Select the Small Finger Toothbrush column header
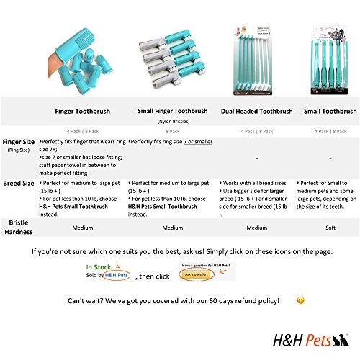(x=172, y=112)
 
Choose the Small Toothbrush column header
(x=329, y=112)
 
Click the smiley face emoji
(x=300, y=300)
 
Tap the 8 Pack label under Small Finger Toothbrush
(x=172, y=132)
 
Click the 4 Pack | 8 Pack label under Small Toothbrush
(x=329, y=132)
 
